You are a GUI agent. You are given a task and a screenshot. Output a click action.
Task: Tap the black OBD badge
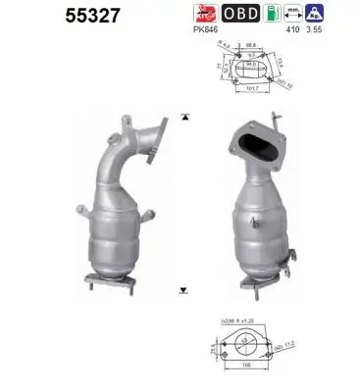[242, 14]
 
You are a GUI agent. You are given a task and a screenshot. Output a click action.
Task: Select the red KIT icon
[207, 14]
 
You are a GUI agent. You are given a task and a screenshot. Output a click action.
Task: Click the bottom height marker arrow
[183, 290]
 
